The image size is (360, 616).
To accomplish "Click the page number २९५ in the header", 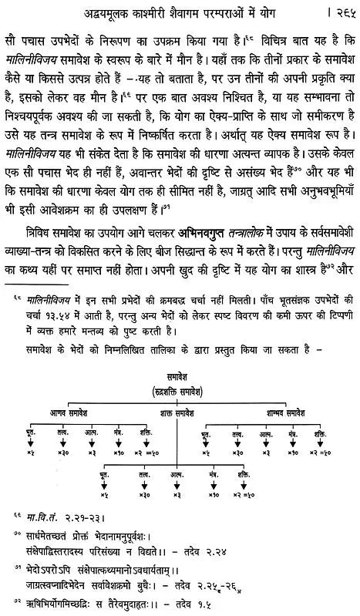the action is (x=339, y=12).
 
